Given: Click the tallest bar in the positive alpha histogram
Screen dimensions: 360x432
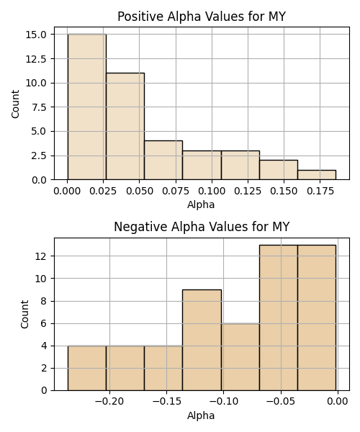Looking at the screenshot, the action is click(87, 107).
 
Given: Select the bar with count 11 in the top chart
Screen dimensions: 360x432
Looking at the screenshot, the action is click(125, 126).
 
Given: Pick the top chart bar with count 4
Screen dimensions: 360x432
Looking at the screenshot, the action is click(163, 160).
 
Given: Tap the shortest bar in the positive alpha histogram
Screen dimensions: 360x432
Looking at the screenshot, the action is click(317, 175).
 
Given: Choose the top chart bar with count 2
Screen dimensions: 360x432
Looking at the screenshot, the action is click(279, 170).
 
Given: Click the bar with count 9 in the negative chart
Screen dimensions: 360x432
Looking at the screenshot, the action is click(202, 340).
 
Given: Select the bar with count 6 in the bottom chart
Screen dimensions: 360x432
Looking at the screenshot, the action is click(240, 357).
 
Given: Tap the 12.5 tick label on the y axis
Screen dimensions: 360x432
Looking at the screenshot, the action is click(36, 59).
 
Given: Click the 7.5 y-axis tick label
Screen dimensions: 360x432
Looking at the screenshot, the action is click(39, 107).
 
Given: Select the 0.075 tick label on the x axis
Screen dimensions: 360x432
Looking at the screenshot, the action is click(176, 191).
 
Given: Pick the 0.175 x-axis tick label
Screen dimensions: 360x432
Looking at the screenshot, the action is click(320, 191).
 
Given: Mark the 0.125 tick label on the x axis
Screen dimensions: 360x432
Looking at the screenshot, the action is click(248, 191).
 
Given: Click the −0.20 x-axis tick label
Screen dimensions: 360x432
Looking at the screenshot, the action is click(109, 402).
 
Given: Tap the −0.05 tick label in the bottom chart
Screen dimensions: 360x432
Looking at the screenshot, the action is click(281, 402).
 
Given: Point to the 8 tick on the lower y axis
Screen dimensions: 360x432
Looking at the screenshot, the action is click(43, 301).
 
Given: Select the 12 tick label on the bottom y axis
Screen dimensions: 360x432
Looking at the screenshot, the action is click(41, 256).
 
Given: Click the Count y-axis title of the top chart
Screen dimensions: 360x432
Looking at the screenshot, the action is click(15, 104).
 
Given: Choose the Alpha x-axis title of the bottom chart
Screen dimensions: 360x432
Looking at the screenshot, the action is click(201, 415).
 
